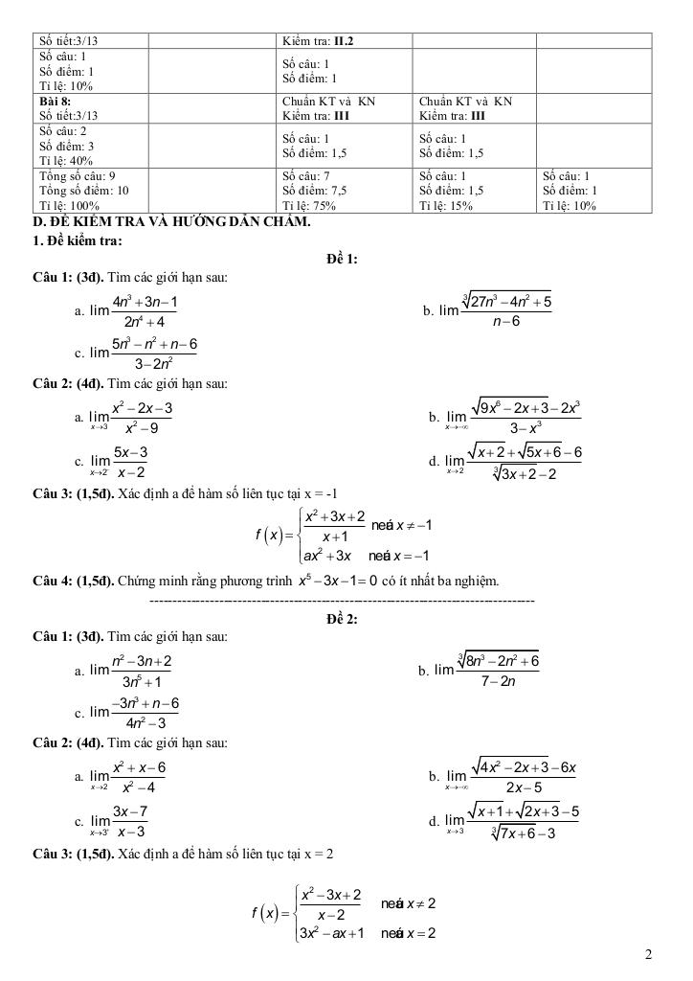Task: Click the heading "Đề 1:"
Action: (342, 259)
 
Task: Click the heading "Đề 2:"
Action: (342, 619)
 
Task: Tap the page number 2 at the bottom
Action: (649, 954)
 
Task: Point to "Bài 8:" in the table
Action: (55, 101)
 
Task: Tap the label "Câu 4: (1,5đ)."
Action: (73, 582)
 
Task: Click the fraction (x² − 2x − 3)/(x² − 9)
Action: (141, 417)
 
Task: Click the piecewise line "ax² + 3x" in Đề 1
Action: (329, 556)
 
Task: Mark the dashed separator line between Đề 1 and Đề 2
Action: (342, 601)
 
